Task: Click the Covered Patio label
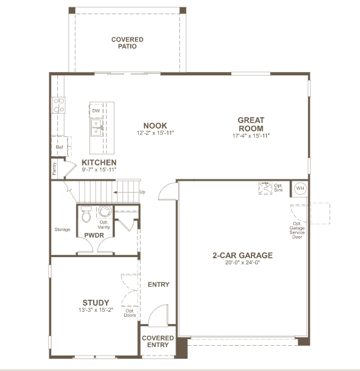(x=128, y=43)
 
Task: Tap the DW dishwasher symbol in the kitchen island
(x=96, y=110)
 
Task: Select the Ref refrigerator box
(x=59, y=146)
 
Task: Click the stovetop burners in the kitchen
(x=59, y=105)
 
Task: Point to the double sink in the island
(x=96, y=128)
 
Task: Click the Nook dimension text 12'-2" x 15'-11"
(x=155, y=132)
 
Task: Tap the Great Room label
(x=251, y=124)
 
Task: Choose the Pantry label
(x=54, y=169)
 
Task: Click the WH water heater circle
(x=300, y=189)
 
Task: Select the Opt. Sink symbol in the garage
(x=265, y=188)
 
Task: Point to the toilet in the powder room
(x=86, y=214)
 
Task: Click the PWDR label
(x=94, y=235)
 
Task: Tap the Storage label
(x=62, y=229)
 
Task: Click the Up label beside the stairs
(x=142, y=192)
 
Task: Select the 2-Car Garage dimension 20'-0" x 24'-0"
(x=243, y=262)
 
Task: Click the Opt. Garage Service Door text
(x=297, y=230)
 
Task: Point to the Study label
(x=96, y=303)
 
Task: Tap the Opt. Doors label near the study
(x=129, y=313)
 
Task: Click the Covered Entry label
(x=158, y=341)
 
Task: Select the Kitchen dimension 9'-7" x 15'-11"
(x=99, y=169)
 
